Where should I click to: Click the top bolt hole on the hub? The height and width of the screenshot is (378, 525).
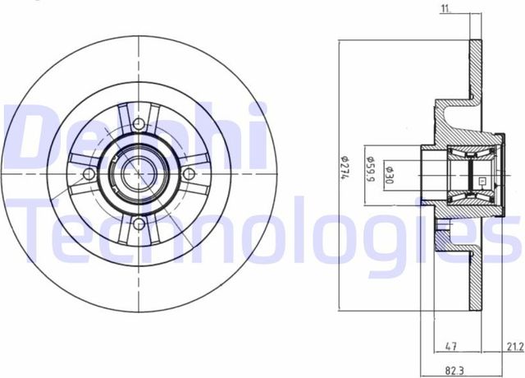139,124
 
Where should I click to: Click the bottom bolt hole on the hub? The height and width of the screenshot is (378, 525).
139,223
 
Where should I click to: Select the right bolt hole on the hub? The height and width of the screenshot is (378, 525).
189,173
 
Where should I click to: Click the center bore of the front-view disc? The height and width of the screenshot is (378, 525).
139,173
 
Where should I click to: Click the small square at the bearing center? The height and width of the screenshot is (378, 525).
482,182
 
